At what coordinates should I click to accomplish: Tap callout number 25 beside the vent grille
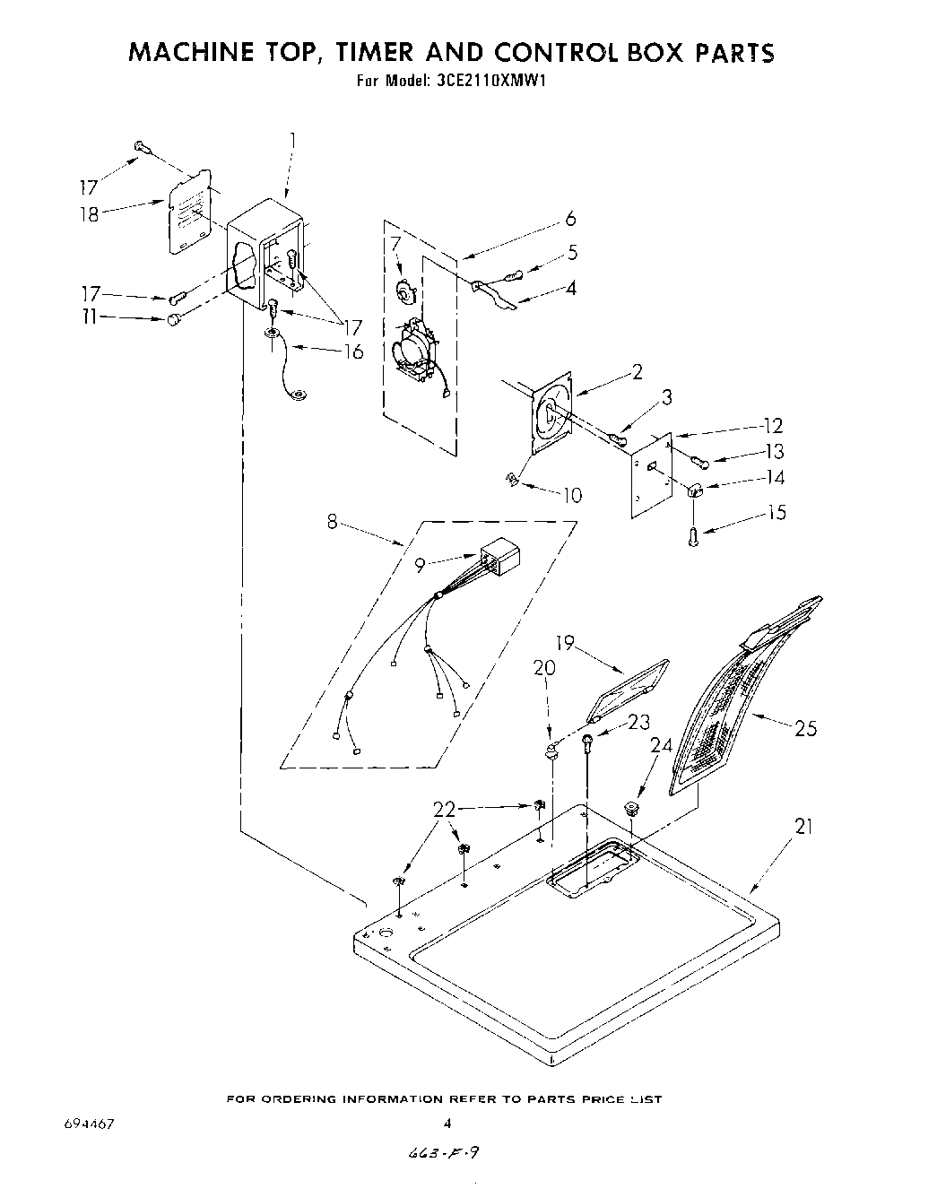point(805,728)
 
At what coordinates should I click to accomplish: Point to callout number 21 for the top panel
point(803,826)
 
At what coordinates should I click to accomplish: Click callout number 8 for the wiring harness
point(333,522)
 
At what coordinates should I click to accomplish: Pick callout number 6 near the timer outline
point(570,219)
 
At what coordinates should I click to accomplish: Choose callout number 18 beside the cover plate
point(90,215)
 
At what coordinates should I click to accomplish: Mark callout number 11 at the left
point(89,317)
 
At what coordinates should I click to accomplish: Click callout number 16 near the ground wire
point(353,351)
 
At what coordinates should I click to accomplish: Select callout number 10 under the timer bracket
point(571,494)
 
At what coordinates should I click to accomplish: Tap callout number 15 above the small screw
point(776,512)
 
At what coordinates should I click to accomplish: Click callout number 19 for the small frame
point(565,643)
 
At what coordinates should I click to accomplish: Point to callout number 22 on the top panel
point(445,809)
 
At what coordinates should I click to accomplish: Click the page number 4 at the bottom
point(446,1122)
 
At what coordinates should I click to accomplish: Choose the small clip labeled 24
point(631,808)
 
